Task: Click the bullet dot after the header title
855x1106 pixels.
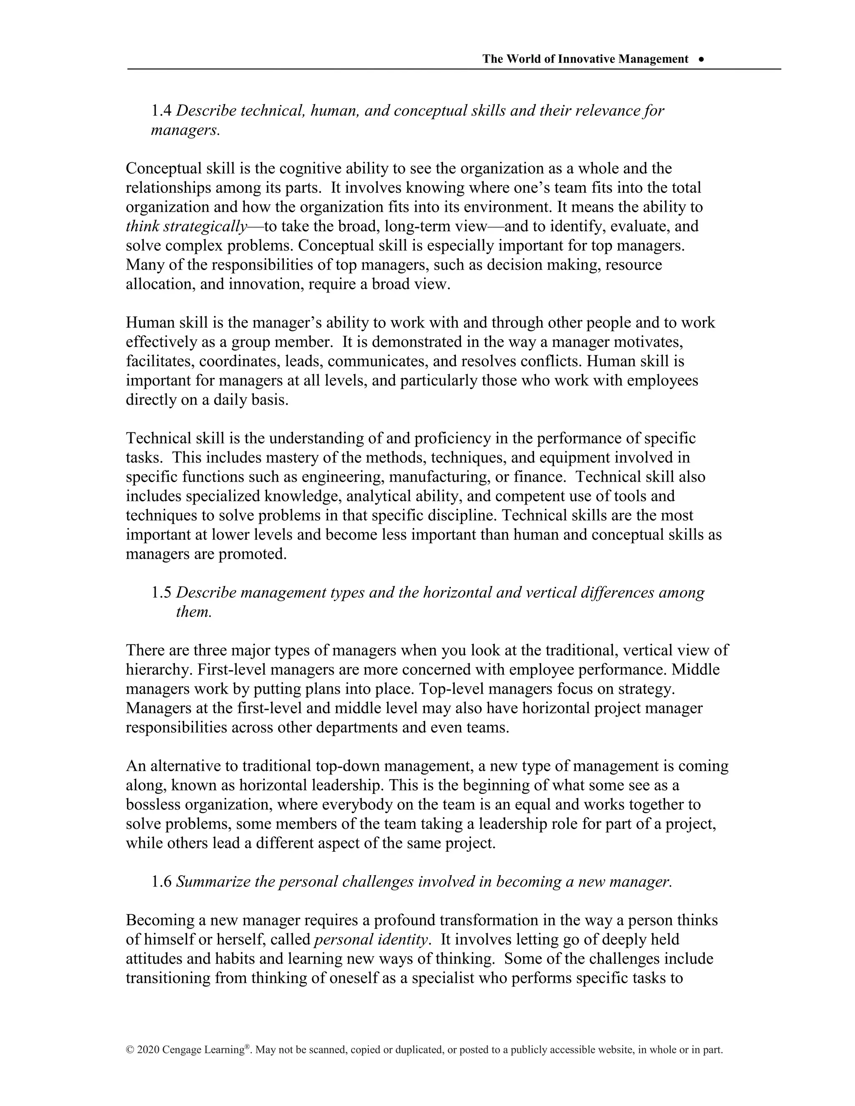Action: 701,59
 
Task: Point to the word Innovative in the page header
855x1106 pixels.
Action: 586,59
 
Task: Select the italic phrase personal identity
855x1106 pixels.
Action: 371,939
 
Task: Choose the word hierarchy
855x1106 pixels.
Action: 157,670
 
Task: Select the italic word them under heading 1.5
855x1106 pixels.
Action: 193,612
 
